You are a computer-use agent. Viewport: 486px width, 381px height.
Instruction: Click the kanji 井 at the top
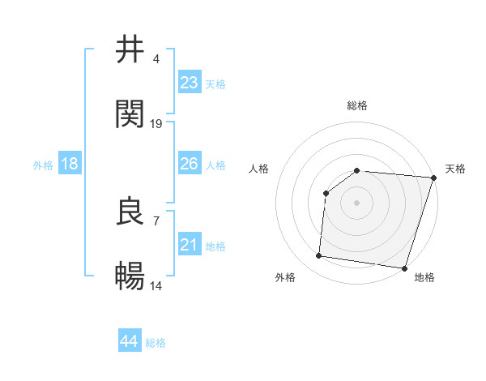pos(130,49)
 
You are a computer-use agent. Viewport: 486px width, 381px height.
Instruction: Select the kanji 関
pos(130,114)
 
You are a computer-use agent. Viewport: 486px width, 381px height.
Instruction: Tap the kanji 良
pos(130,212)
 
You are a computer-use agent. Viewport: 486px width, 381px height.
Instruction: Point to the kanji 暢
pos(130,277)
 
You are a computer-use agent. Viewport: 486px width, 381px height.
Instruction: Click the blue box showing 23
pos(190,83)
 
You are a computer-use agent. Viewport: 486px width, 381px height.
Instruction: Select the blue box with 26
pos(190,165)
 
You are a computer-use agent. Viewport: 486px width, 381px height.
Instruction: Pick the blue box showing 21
pos(190,246)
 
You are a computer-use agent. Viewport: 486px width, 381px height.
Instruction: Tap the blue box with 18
pos(70,165)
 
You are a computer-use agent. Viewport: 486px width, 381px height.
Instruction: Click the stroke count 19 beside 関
pos(156,123)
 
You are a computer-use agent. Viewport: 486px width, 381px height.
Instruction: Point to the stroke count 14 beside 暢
pos(156,286)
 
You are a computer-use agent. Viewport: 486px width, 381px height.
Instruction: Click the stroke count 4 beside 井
pos(156,58)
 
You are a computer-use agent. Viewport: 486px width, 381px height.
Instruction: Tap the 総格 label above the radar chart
pos(357,105)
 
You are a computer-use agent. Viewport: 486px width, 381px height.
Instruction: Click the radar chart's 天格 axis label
pos(455,169)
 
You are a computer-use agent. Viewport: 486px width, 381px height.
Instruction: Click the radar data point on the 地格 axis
pos(404,268)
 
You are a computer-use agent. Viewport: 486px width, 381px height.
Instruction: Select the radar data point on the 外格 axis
pos(319,256)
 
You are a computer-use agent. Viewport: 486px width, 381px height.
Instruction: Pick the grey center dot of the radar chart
pos(357,203)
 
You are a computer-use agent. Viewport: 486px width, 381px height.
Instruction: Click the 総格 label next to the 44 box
pos(156,343)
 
